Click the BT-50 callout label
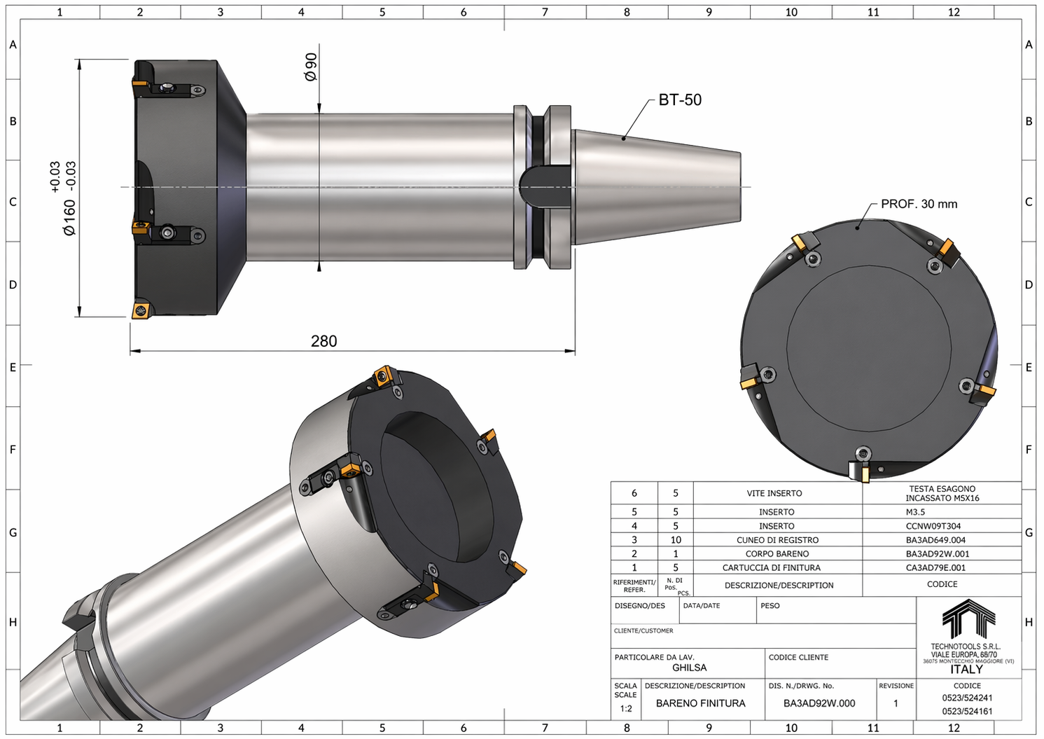point(679,99)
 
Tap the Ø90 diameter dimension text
point(310,67)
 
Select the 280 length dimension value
point(324,341)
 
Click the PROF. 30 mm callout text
point(919,204)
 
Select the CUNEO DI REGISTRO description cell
point(777,540)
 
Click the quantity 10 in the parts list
point(676,540)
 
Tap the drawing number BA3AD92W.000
point(819,703)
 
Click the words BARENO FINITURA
point(700,703)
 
